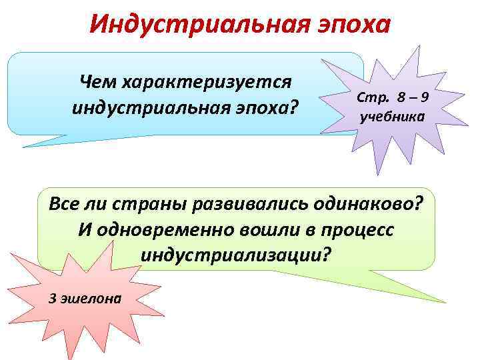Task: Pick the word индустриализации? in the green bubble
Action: tap(235, 255)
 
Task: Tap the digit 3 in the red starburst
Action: tap(53, 298)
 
